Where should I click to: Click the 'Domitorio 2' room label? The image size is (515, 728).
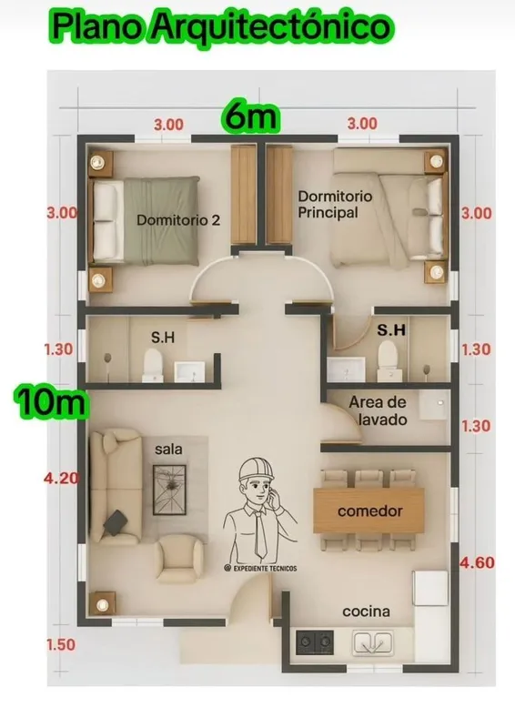coord(178,219)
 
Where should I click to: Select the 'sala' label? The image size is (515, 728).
coord(168,450)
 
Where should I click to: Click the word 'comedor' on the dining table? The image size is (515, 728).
coord(370,511)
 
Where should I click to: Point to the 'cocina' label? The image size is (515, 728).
coord(366,612)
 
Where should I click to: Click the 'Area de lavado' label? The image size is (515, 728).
coord(378,410)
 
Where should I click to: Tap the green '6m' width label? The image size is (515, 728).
coord(251,116)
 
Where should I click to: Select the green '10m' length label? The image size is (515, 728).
coord(52,401)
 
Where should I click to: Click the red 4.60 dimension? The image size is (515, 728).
coord(477,562)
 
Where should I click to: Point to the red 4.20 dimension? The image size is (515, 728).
coord(61,478)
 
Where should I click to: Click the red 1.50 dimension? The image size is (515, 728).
coord(61,644)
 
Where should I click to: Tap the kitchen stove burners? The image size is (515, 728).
coord(315,642)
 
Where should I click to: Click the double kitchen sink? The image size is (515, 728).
coord(372,642)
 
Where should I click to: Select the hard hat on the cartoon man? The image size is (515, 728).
coord(256,469)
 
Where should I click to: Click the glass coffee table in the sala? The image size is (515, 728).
coord(169,490)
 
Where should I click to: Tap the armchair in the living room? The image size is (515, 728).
coord(179,558)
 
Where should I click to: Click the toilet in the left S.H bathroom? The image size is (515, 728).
coord(153,366)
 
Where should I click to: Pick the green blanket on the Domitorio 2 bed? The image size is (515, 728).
coord(161,220)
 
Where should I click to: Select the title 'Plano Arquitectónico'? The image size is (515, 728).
coord(221,26)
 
